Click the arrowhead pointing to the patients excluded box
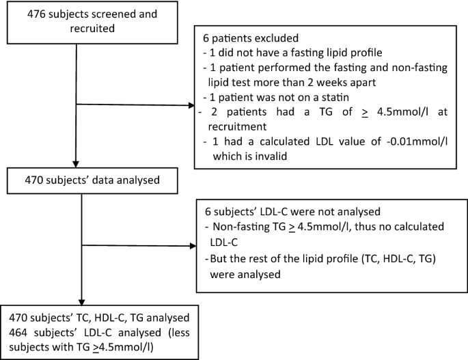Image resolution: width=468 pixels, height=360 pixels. tap(190, 106)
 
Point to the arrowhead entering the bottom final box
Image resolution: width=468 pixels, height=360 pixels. tap(81, 304)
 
